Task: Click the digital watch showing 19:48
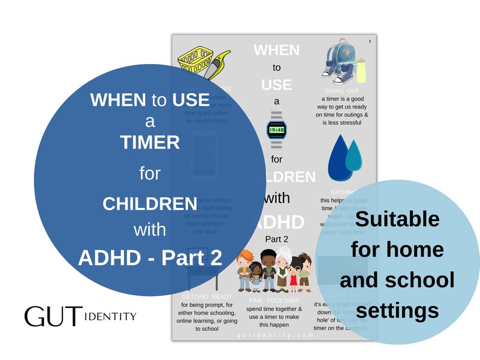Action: point(276,129)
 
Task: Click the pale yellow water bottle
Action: point(361,70)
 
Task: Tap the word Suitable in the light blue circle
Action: point(397,218)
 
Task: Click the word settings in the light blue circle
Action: point(397,310)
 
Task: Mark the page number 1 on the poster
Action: point(368,41)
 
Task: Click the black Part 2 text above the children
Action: point(277,239)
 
